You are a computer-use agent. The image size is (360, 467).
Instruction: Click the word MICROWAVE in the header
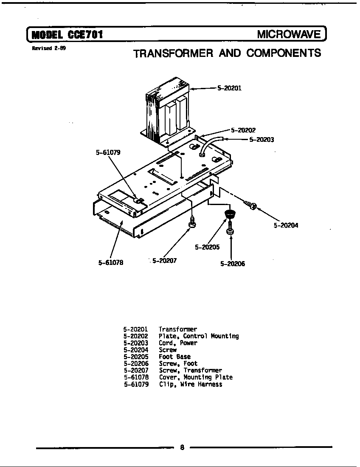point(289,34)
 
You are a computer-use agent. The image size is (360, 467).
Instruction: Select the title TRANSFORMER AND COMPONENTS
point(227,53)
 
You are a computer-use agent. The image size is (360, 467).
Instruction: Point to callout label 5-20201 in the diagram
point(229,88)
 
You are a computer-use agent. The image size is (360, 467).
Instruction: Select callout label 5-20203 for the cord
point(261,139)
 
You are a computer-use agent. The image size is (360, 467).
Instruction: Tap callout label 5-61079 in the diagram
point(108,152)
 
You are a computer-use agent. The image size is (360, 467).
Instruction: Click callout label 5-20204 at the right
point(286,225)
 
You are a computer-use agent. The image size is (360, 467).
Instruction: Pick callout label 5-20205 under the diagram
point(207,247)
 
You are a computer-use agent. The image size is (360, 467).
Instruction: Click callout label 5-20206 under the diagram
point(232,264)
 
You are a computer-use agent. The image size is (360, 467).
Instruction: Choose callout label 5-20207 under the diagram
point(164,261)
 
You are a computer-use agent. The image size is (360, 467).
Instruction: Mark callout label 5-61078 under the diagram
point(111,263)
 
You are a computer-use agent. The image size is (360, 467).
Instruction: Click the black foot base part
point(230,213)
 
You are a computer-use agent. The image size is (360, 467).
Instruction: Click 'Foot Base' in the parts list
point(174,357)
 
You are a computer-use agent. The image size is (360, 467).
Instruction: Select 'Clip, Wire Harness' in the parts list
point(190,384)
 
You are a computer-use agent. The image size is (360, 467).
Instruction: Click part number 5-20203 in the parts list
point(136,343)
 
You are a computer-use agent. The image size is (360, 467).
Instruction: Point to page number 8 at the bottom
point(182,447)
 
